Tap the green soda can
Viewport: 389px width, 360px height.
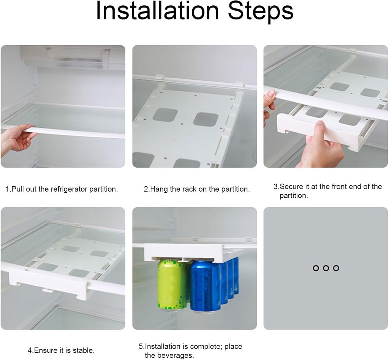click(x=172, y=284)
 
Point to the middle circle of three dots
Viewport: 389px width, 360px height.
click(x=326, y=268)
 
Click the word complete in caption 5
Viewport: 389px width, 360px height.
click(x=206, y=346)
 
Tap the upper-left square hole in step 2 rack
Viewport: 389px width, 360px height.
click(x=165, y=114)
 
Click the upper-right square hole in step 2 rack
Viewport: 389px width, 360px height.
click(x=206, y=119)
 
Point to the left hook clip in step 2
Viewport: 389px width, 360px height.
click(x=160, y=77)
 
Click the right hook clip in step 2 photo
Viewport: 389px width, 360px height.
click(x=239, y=84)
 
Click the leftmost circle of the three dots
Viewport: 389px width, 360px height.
click(x=316, y=268)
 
